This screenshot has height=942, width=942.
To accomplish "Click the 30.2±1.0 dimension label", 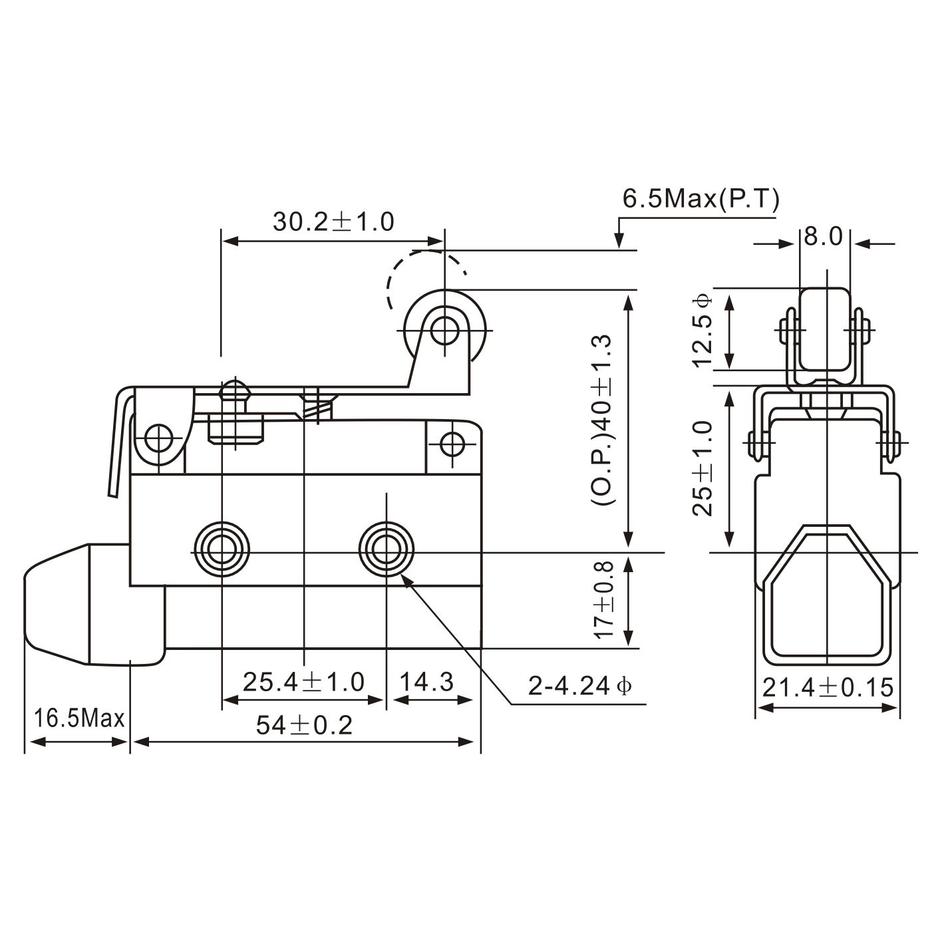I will pyautogui.click(x=333, y=222).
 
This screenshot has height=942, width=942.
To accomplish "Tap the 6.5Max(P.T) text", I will pyautogui.click(x=700, y=198).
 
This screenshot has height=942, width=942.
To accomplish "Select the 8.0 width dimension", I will pyautogui.click(x=823, y=237).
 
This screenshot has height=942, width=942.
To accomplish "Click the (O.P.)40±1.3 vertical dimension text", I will pyautogui.click(x=601, y=420).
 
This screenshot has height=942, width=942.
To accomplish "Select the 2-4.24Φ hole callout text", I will pyautogui.click(x=579, y=686).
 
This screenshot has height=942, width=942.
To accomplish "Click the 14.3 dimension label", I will pyautogui.click(x=426, y=682).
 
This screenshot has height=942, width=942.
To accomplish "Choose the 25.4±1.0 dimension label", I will pyautogui.click(x=303, y=682).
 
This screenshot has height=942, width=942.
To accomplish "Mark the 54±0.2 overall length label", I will pyautogui.click(x=304, y=726).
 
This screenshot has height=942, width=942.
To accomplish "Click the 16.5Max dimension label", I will pyautogui.click(x=79, y=718).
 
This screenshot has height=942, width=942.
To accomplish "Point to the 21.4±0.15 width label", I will pyautogui.click(x=827, y=687).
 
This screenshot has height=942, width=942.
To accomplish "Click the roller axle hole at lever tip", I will pyautogui.click(x=444, y=329).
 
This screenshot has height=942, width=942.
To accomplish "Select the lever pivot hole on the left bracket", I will pyautogui.click(x=160, y=438).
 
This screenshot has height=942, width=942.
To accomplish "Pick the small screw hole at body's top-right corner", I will pyautogui.click(x=452, y=443).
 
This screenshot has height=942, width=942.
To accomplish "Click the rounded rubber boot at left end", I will pyautogui.click(x=57, y=604).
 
